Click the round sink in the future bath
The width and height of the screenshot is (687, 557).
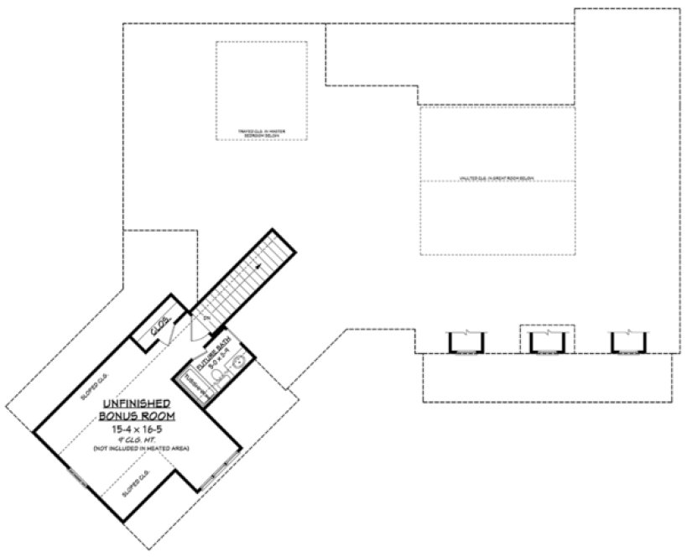point(237,363)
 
